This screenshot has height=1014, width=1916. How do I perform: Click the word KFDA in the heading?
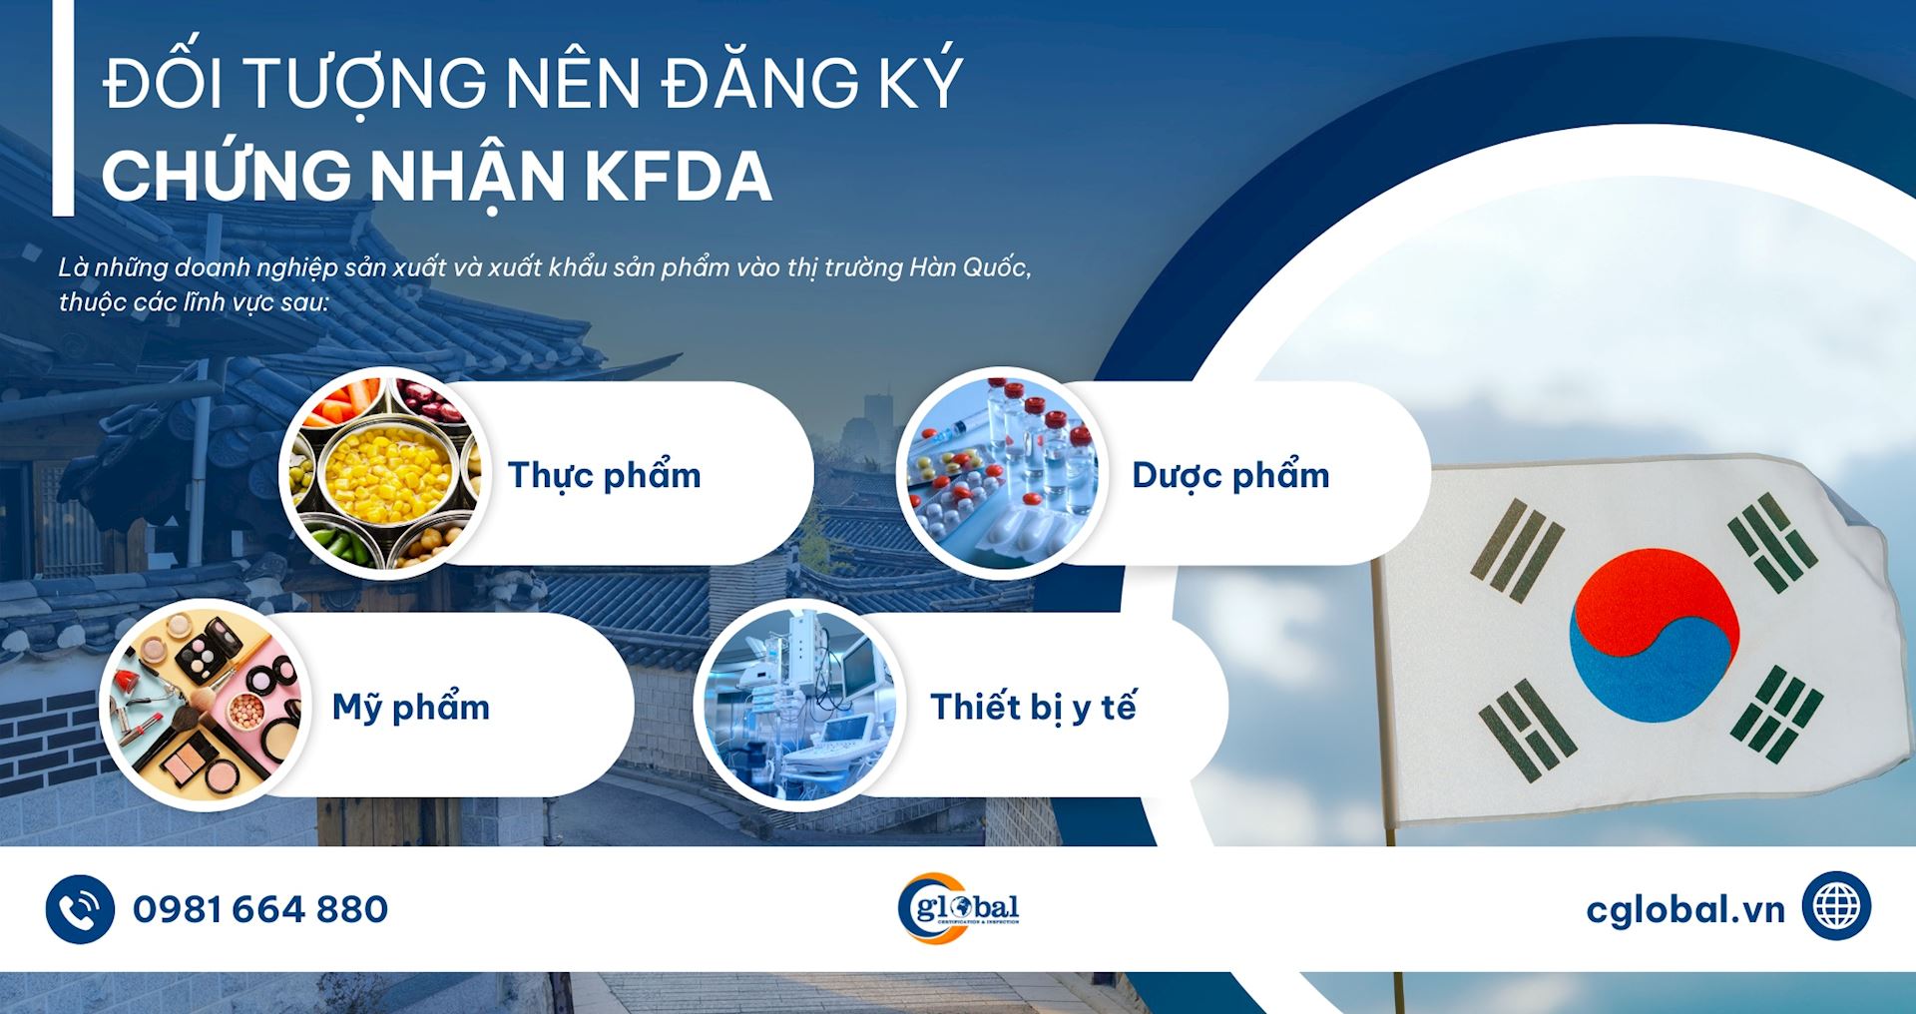click(678, 177)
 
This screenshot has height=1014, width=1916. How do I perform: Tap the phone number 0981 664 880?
click(260, 909)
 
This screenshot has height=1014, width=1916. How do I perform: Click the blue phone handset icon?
click(80, 909)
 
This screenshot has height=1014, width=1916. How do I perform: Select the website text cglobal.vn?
click(1685, 909)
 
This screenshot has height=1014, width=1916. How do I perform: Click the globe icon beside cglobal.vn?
click(1836, 906)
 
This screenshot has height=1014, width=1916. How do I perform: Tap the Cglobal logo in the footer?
click(958, 908)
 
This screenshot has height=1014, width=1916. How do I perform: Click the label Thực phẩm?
click(605, 475)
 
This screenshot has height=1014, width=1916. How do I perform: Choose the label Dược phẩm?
click(1230, 475)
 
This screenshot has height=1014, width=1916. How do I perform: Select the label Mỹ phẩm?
click(411, 707)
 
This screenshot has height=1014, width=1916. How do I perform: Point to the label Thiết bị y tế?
click(1033, 707)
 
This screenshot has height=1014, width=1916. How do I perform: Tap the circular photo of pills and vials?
click(1002, 473)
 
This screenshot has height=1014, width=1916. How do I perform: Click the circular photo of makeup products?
click(205, 705)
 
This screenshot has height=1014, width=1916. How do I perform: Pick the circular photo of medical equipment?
click(800, 705)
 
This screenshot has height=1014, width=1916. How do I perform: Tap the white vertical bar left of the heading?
click(63, 108)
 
